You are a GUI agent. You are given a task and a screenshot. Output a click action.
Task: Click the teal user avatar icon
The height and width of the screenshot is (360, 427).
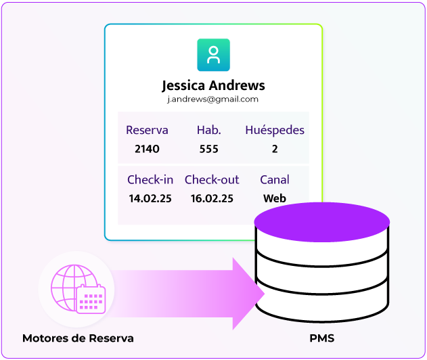pyautogui.click(x=213, y=55)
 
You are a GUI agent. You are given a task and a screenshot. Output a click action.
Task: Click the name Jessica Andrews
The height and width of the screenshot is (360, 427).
pyautogui.click(x=213, y=86)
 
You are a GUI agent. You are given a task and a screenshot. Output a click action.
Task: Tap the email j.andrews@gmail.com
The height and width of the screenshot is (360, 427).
pyautogui.click(x=213, y=99)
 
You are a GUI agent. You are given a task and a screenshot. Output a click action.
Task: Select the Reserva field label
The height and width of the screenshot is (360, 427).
pyautogui.click(x=147, y=130)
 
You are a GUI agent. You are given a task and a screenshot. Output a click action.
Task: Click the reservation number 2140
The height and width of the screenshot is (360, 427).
pyautogui.click(x=147, y=149)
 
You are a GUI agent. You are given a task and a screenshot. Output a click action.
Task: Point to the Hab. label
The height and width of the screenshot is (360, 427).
pyautogui.click(x=208, y=130)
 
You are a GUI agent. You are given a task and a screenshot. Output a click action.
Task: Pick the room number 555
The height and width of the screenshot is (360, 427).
pyautogui.click(x=208, y=149)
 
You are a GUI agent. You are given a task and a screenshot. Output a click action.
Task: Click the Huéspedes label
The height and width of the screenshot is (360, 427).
pyautogui.click(x=275, y=130)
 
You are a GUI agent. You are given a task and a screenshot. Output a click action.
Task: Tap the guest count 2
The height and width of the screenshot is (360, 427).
pyautogui.click(x=275, y=149)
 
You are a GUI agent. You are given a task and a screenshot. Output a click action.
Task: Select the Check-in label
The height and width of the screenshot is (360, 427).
pyautogui.click(x=150, y=179)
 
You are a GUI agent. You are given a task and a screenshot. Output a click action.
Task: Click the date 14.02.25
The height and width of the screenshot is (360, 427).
pyautogui.click(x=150, y=198)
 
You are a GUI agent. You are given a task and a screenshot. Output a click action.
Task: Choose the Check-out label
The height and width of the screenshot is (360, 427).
pyautogui.click(x=212, y=179)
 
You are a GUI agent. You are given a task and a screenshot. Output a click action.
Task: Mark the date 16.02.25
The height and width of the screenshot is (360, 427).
pyautogui.click(x=212, y=198)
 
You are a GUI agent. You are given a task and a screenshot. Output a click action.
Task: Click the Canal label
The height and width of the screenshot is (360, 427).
pyautogui.click(x=275, y=179)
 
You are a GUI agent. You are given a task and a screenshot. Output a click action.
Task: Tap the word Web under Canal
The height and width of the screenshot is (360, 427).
pyautogui.click(x=275, y=198)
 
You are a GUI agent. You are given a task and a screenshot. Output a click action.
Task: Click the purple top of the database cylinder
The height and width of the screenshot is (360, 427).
pyautogui.click(x=321, y=221)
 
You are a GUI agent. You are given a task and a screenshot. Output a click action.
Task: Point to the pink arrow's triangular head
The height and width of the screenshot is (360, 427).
pyautogui.click(x=248, y=292)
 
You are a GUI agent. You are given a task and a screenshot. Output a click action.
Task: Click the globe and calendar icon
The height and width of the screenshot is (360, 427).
pyautogui.click(x=77, y=290)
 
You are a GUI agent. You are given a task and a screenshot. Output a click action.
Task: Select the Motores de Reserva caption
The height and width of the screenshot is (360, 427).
pyautogui.click(x=78, y=338)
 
